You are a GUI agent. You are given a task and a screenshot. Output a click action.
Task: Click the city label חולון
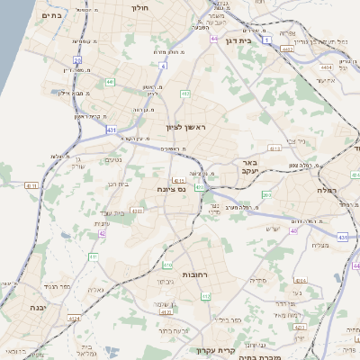pos(139,8)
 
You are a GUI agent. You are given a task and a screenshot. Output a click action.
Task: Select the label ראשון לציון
pos(185,127)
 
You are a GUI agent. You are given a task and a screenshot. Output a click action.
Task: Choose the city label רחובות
pos(170,274)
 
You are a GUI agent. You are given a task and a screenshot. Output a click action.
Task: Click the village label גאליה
pos(96,290)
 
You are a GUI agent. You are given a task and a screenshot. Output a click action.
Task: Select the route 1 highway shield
pos(267,40)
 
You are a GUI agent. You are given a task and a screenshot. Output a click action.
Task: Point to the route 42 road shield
pos(103,233)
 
